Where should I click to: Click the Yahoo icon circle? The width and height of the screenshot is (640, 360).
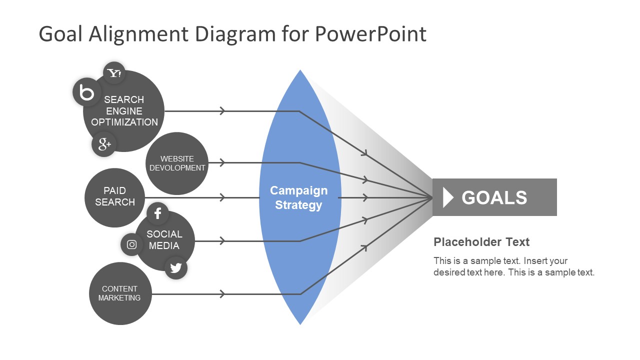pos(114,73)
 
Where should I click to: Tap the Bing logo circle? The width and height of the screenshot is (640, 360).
pos(87,92)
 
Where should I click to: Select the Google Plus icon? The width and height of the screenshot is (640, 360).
pos(104,144)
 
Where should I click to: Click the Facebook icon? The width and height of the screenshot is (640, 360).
pos(157,213)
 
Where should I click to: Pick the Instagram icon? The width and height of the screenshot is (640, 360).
pos(132,244)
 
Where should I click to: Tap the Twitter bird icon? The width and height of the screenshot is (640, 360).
pos(175,268)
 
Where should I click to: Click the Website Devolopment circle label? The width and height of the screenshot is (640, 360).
pos(177,163)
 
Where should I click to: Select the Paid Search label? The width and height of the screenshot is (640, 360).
pos(115,196)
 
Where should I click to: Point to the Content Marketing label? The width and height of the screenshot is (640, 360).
pos(119,293)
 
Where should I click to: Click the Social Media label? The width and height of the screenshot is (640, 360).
pos(164,240)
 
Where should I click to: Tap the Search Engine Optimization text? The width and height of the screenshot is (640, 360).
pos(124,111)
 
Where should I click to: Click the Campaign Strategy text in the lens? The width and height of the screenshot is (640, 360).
pos(298,198)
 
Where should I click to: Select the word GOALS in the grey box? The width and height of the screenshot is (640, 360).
pos(494,197)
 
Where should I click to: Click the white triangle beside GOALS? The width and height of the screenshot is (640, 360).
pos(448,197)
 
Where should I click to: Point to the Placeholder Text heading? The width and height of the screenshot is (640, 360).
pos(481,242)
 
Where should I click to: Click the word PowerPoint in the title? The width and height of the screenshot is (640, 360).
pos(370,34)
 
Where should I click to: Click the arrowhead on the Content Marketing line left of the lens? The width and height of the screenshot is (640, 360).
pos(222,294)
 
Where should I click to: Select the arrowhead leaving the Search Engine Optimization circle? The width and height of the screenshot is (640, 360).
pos(222,111)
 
